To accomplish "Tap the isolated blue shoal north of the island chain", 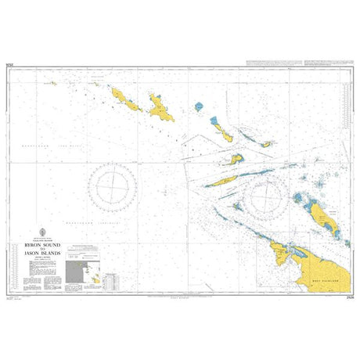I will (199, 106).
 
